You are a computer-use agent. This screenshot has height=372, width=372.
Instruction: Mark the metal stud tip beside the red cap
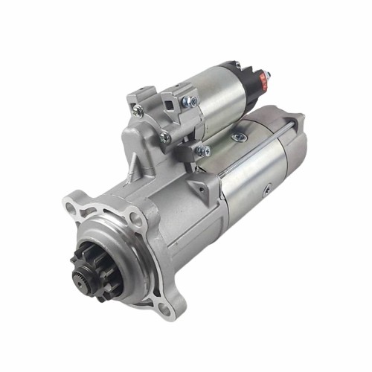point(268,75)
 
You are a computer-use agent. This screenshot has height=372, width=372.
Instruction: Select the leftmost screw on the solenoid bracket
point(138,110)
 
